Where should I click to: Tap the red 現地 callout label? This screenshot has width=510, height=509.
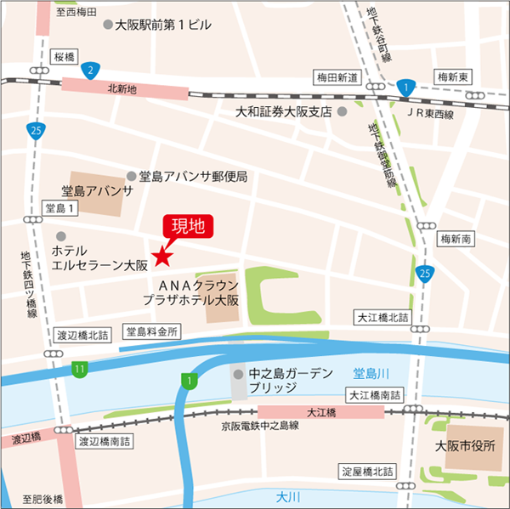click(188, 226)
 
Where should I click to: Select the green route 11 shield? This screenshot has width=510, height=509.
click(79, 369)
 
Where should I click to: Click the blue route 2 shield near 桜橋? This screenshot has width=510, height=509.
click(89, 70)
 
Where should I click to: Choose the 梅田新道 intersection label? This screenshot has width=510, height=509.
click(337, 77)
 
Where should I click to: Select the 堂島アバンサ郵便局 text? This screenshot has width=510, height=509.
click(193, 177)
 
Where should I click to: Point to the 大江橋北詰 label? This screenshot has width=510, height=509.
click(382, 317)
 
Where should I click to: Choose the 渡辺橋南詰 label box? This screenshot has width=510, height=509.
click(104, 442)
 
